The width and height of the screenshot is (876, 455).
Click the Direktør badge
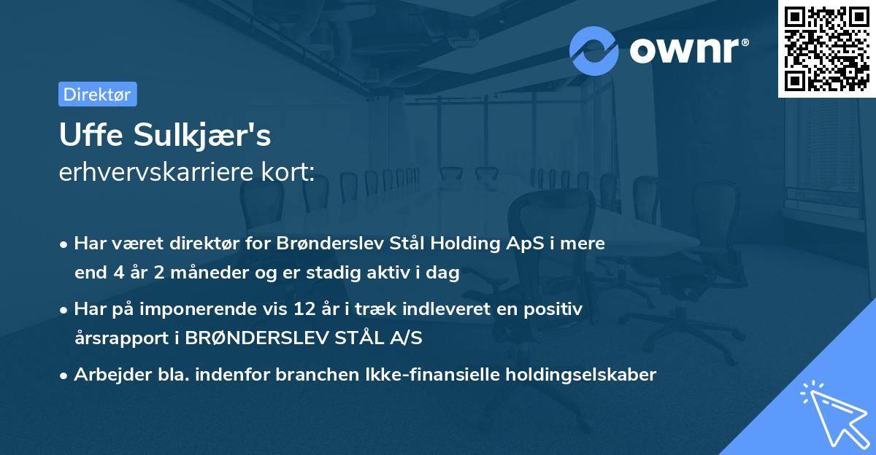[97, 94]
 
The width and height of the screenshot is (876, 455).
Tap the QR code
[826, 48]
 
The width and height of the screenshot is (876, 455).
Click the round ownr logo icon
[594, 50]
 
